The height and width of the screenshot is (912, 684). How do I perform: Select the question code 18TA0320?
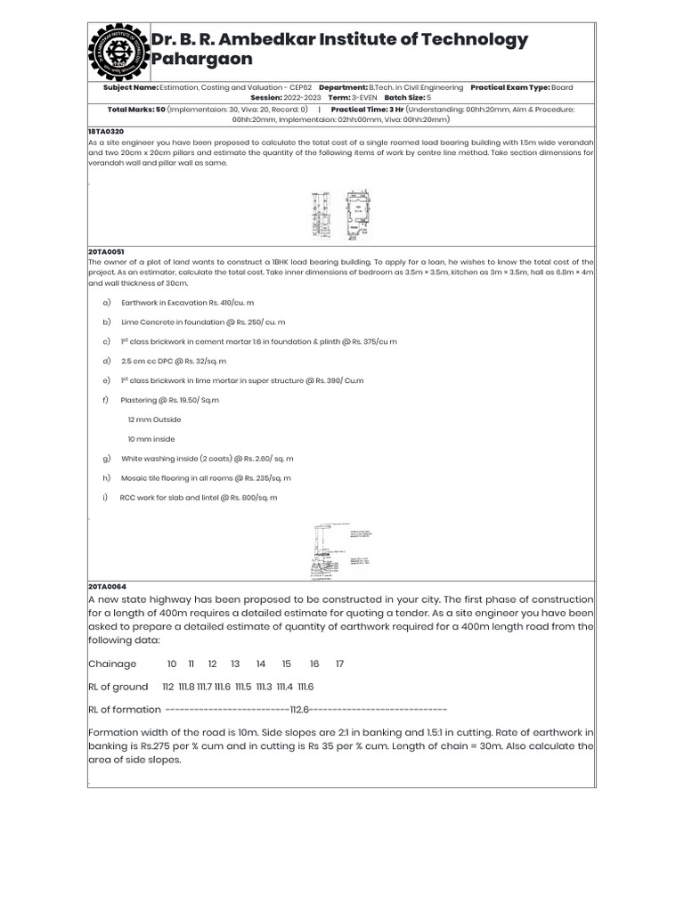(106, 131)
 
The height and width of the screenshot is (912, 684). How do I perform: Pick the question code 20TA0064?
(107, 588)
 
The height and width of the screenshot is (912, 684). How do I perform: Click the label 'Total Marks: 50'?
(136, 109)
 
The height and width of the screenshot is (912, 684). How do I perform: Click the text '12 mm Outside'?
(154, 419)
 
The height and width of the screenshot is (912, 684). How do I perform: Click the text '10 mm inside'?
(151, 439)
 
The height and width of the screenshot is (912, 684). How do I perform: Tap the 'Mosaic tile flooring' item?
(170, 478)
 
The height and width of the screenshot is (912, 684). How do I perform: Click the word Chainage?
(112, 664)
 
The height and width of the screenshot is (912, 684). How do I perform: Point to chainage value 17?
(339, 664)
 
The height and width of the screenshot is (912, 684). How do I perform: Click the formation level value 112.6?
(299, 710)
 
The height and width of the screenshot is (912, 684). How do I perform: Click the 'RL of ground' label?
(118, 687)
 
